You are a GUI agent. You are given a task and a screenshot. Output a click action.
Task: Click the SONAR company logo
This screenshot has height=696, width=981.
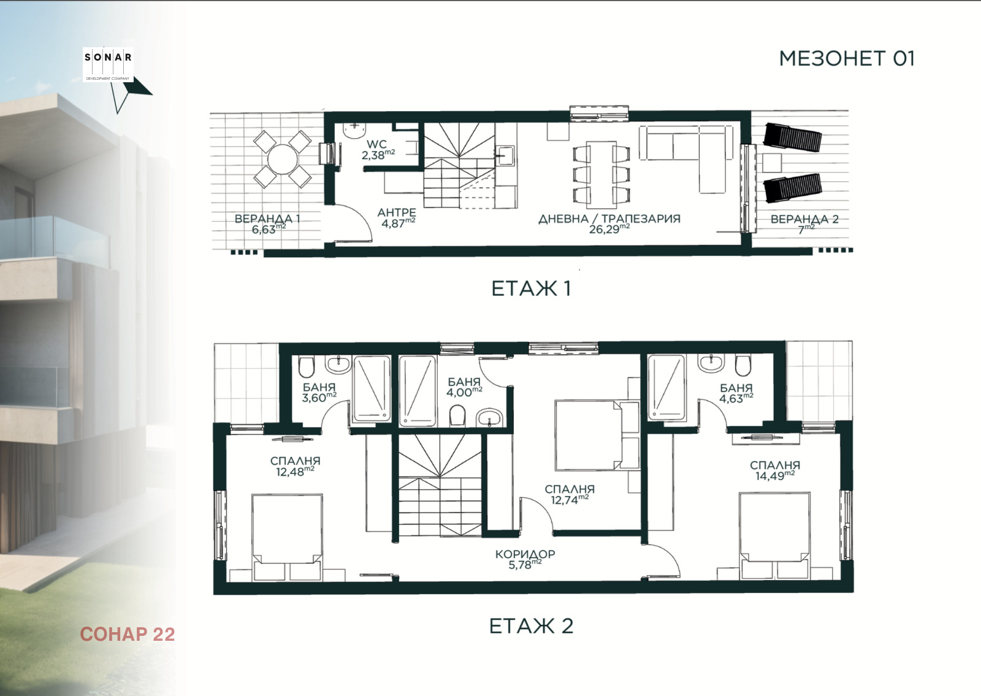108,65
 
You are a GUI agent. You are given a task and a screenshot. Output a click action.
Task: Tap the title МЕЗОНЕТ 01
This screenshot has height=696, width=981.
847,59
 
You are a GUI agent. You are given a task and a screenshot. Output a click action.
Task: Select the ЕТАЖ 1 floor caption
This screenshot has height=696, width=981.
531,289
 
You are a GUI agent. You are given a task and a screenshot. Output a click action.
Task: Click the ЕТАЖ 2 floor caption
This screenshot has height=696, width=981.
531,626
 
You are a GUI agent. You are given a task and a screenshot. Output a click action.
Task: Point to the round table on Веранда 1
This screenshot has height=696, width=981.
283,159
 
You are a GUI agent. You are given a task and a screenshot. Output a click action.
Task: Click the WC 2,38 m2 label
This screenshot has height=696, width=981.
378,150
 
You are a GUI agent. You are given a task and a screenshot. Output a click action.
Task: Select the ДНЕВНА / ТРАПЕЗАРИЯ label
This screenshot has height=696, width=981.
609,218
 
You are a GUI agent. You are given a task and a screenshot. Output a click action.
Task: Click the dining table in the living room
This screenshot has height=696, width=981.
601,175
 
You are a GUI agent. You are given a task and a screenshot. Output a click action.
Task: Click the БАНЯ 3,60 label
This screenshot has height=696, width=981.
319,393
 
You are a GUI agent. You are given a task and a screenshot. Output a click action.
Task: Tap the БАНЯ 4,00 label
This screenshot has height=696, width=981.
464,387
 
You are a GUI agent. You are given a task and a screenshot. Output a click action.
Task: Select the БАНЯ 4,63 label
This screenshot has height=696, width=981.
736,393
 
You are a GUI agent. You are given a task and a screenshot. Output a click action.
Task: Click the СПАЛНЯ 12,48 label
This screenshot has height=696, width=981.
295,466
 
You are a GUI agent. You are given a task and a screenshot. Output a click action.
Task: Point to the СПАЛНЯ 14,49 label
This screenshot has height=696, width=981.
775,470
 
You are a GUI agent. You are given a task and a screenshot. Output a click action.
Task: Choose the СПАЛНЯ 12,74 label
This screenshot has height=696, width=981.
570,495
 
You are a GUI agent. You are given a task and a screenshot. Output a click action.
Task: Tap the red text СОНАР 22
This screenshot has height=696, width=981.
128,634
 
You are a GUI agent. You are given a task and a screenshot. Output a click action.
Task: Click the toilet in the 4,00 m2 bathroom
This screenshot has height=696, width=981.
457,416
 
